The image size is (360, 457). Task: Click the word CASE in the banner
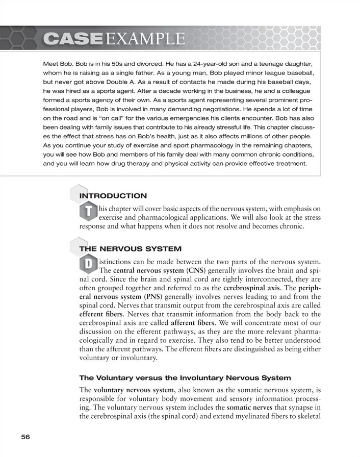point(74,38)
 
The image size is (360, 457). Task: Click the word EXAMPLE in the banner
point(145,38)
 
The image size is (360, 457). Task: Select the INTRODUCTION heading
point(113,196)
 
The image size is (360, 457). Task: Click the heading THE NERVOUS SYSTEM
point(131,249)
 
